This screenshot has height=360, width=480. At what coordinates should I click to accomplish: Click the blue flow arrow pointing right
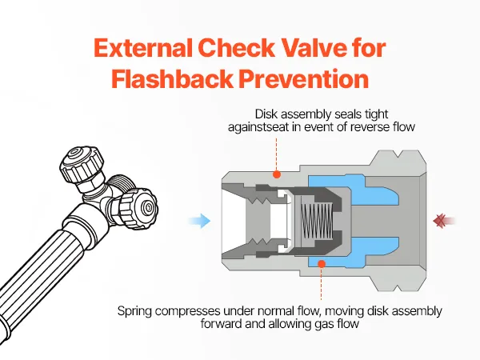pos(199,221)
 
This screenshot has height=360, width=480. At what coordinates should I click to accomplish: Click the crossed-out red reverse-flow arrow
pos(445,221)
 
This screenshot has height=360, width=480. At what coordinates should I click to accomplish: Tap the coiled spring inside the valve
pos(316,221)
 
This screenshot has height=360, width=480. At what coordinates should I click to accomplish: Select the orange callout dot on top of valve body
pos(277,174)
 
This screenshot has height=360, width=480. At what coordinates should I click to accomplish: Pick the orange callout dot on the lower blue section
pos(322,263)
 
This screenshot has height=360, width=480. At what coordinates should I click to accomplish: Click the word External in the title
pos(143,48)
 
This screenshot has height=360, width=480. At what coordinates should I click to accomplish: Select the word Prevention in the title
pos(304,79)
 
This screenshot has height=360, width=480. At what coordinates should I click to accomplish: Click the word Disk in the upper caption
pos(266,114)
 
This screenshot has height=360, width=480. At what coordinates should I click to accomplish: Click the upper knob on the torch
pos(82,165)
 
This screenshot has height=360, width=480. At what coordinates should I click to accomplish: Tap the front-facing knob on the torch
pos(137,207)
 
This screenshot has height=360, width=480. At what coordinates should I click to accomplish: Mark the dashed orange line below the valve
pos(322,283)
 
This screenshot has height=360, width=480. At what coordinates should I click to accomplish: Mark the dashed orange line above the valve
pos(277,154)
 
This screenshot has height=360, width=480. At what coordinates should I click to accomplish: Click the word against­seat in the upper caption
pos(258,127)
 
